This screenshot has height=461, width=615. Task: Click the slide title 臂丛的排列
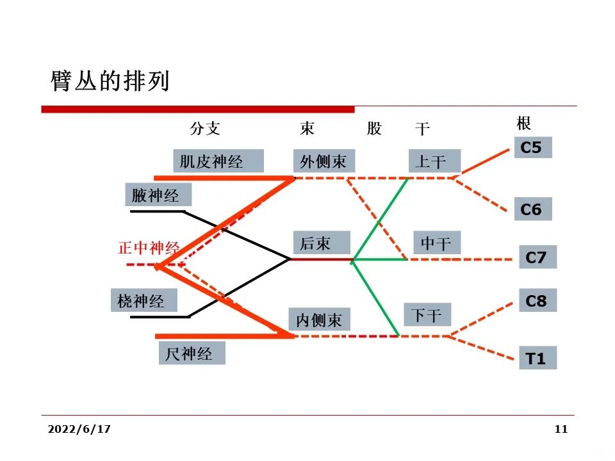coord(110,81)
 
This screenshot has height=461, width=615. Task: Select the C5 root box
coord(532,148)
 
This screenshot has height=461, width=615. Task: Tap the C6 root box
coord(532,209)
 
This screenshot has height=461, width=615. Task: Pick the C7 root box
coord(536,257)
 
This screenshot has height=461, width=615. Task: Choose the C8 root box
coord(536,300)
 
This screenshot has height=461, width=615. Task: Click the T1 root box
coord(536,359)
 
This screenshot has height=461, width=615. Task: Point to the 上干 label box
coord(430,161)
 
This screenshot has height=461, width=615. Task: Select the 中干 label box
coord(436,243)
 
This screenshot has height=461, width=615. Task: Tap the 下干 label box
coord(427,315)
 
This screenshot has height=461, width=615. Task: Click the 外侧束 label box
coord(324,161)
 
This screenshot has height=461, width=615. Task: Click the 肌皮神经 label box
coord(217,161)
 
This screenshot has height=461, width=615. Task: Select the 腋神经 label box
coord(156,195)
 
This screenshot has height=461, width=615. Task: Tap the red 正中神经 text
coord(149,248)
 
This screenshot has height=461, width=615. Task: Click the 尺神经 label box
coord(191,353)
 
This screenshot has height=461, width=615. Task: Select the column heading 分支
coord(205,128)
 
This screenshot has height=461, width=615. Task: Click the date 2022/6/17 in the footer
coord(79,430)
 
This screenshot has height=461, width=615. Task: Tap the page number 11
coord(561,430)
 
